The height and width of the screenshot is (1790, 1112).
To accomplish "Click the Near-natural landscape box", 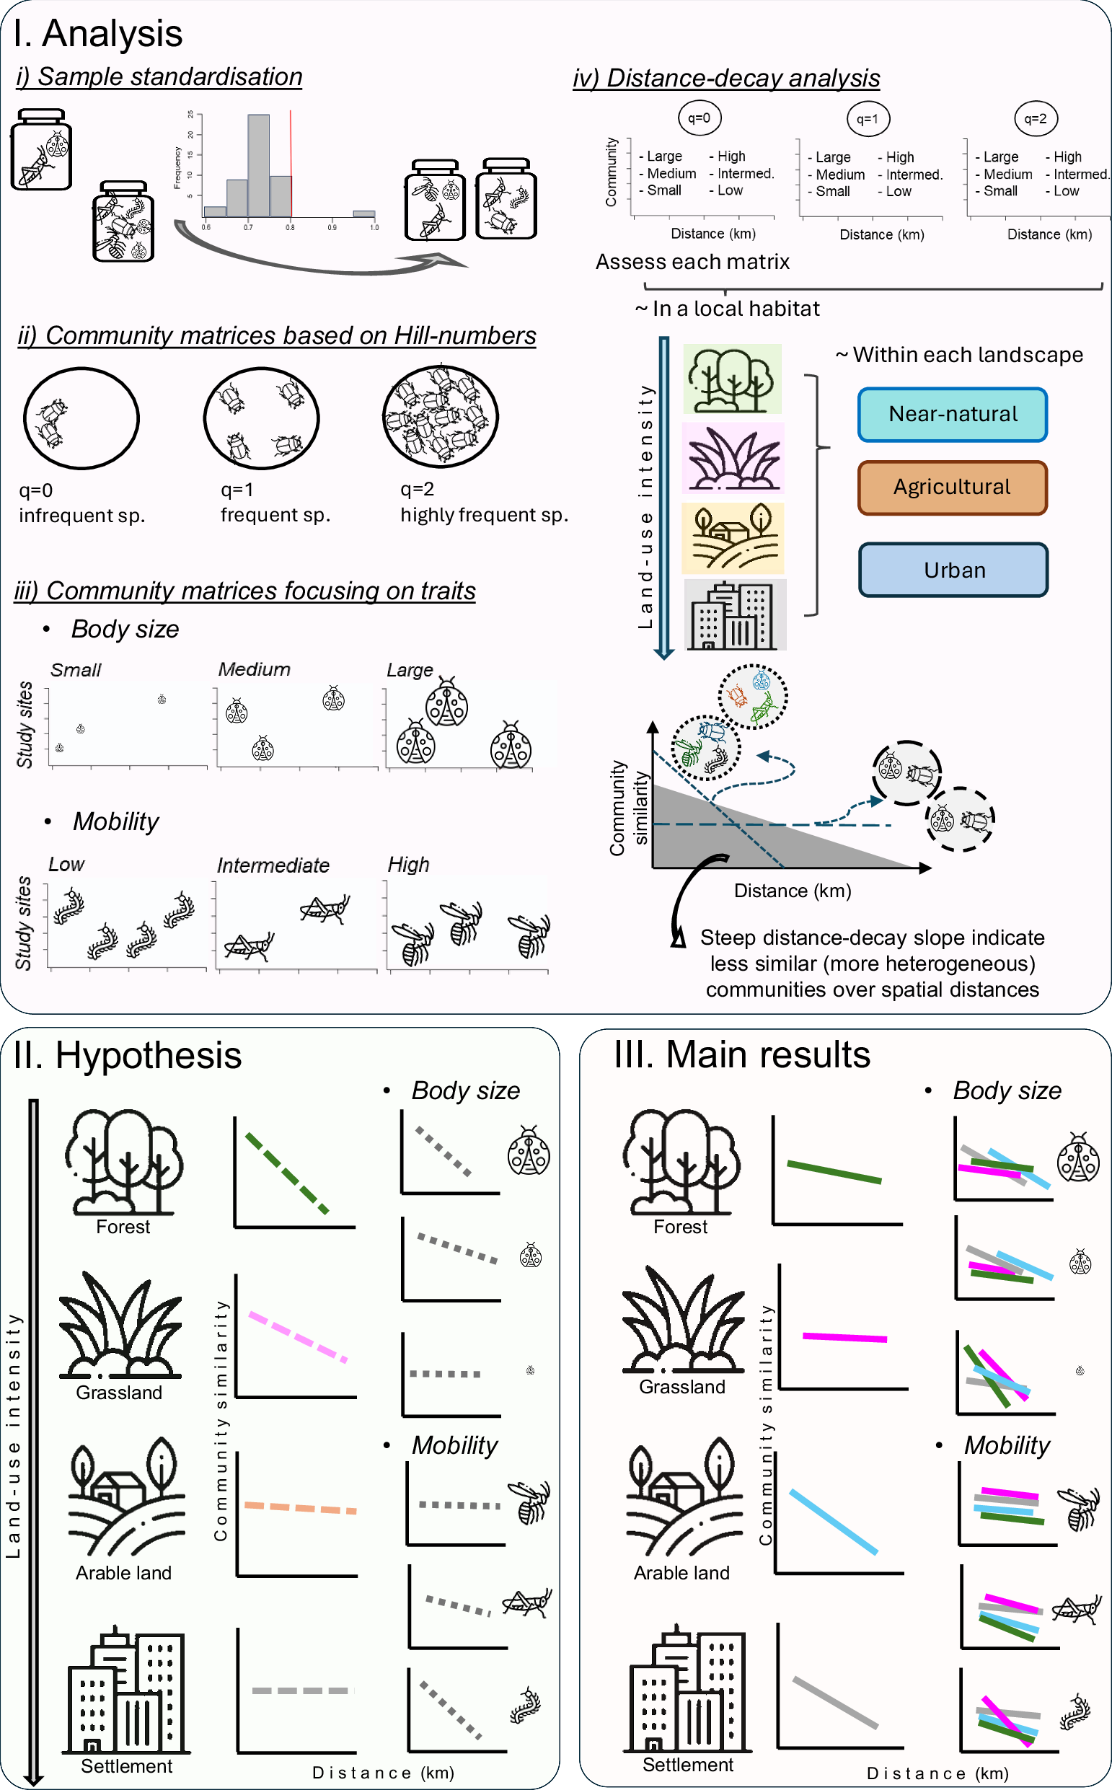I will [953, 415].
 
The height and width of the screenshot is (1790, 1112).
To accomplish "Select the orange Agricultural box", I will [953, 488].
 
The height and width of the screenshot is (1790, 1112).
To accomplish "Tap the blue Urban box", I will [954, 570].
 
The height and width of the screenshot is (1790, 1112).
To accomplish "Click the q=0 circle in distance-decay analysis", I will [699, 118].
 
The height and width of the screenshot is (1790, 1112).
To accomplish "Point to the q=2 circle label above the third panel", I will [1036, 118].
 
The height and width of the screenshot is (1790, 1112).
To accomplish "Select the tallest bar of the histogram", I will [259, 164].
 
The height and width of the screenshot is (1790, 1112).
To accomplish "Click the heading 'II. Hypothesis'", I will [127, 1056].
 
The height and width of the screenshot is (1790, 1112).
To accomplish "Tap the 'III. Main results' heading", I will [742, 1055].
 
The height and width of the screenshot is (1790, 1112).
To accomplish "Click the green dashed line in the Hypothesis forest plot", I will [287, 1173].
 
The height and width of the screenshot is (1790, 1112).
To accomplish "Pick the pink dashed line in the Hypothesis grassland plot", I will [298, 1336].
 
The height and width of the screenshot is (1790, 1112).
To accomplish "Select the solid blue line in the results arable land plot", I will [834, 1521].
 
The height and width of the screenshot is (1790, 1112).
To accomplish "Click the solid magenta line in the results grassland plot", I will [844, 1337].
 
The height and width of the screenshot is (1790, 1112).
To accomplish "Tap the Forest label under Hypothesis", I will [123, 1227].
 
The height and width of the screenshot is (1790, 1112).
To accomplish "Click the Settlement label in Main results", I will [688, 1764].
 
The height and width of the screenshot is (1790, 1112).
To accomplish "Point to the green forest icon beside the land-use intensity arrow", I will [732, 379].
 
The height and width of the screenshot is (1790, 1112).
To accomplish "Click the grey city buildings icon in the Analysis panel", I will [735, 614].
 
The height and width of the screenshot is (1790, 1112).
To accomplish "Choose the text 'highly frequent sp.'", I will [484, 515].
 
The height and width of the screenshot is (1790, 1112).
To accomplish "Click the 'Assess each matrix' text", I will [692, 262].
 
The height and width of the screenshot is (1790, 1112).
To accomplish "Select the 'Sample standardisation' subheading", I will [159, 77].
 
